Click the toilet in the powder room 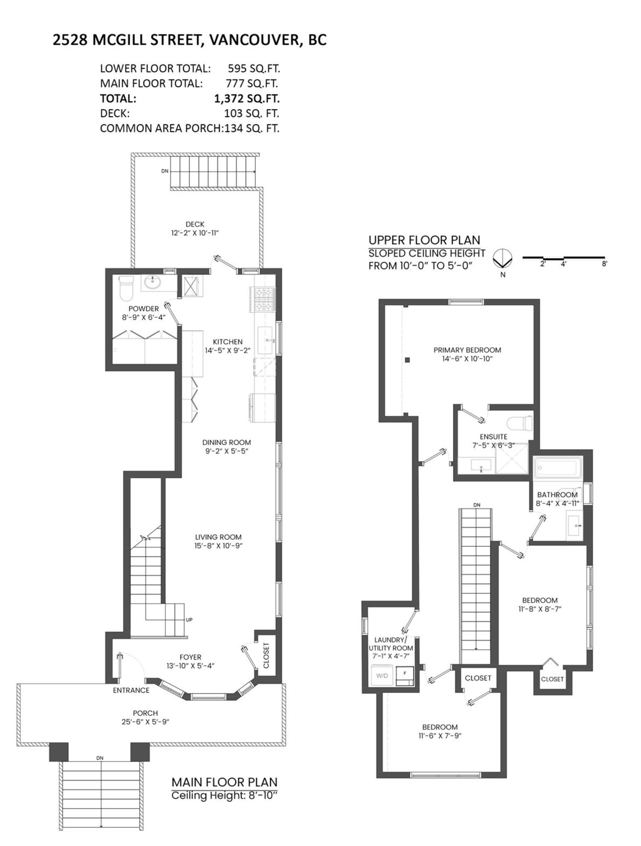coord(126,288)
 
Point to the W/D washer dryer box coord(382,675)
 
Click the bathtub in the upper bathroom coord(557,468)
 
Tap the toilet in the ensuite coord(520,423)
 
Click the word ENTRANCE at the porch coord(131,690)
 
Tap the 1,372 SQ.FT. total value coord(247,99)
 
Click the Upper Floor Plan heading coord(424,240)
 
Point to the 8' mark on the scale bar coord(605,264)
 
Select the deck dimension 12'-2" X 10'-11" coord(195,233)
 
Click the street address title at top coord(190,40)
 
